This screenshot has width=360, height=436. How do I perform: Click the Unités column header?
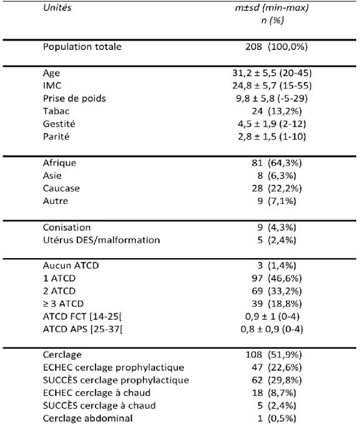click(57, 7)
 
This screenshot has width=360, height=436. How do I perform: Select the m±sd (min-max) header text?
click(272, 7)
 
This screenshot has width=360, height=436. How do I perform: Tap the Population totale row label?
click(82, 46)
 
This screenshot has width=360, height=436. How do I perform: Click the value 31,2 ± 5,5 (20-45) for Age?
click(272, 73)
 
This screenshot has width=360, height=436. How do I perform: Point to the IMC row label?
click(52, 85)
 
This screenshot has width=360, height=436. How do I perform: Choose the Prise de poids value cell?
click(272, 98)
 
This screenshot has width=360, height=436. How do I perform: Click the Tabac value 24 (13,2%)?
click(276, 111)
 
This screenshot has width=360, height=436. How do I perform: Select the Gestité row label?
click(59, 124)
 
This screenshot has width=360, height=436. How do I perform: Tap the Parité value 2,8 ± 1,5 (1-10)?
click(272, 137)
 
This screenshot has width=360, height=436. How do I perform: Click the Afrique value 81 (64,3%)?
click(276, 163)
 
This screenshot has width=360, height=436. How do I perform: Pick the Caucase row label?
click(61, 188)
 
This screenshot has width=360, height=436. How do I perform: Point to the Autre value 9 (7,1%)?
click(276, 201)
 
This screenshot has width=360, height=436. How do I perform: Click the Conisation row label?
click(67, 227)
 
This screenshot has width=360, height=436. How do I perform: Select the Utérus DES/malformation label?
click(102, 240)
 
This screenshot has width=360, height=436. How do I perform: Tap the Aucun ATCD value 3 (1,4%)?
click(276, 265)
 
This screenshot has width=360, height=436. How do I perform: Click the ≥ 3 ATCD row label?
click(63, 303)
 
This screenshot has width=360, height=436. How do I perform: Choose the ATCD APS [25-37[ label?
click(83, 329)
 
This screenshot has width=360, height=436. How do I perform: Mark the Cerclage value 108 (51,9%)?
click(273, 354)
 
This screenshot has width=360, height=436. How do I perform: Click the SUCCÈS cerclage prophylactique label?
click(116, 380)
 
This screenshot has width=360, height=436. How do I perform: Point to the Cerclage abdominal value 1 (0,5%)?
click(276, 418)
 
